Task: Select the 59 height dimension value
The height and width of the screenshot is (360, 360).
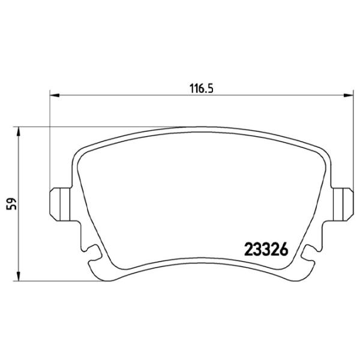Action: point(10,203)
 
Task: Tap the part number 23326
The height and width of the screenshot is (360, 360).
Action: point(266,248)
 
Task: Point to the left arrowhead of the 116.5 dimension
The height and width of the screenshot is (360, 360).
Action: point(53,95)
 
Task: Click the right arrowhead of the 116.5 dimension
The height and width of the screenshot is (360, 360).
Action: point(349,95)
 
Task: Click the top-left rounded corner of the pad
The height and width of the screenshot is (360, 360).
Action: point(78,155)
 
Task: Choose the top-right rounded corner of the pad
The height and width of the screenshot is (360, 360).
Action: point(323,155)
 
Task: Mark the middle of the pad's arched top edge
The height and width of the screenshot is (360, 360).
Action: point(201,128)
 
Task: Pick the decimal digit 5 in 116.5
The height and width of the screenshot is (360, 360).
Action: point(211,86)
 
